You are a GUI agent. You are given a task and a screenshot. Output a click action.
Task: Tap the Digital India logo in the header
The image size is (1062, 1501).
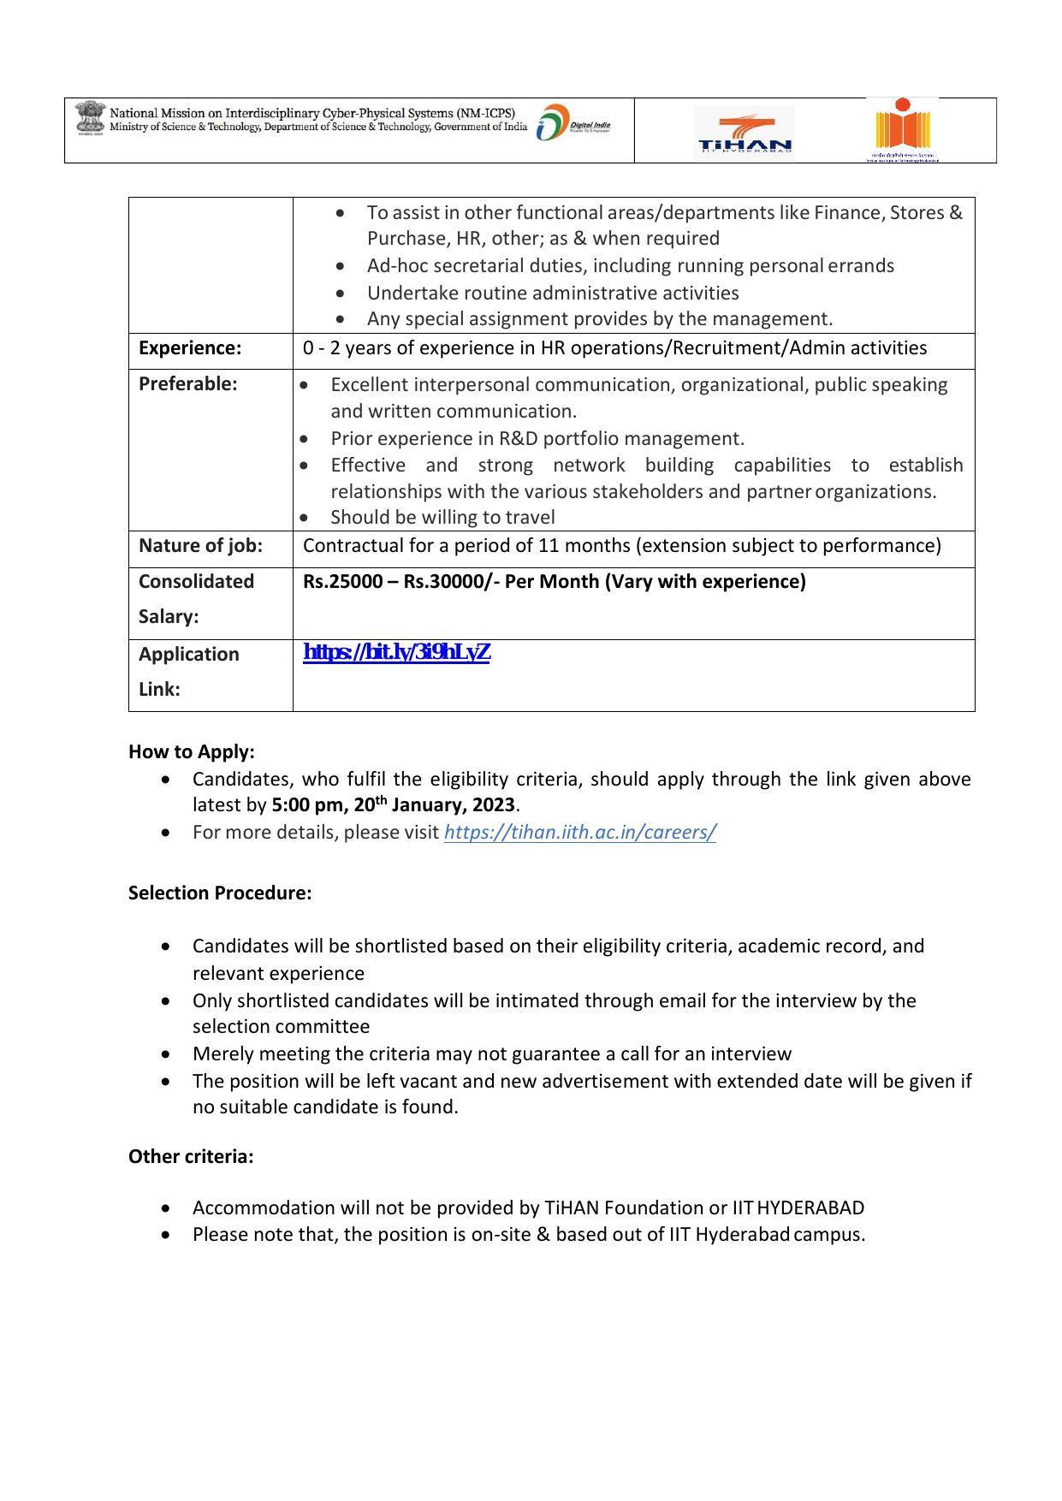tap(573, 125)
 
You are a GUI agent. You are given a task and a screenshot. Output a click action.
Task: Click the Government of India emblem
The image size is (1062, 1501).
tap(87, 118)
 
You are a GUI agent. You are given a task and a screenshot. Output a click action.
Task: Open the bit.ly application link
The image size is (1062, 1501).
tap(396, 653)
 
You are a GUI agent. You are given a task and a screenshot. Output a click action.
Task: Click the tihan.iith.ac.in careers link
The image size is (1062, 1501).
tap(579, 833)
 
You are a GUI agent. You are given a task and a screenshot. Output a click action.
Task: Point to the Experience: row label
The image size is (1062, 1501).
tap(190, 348)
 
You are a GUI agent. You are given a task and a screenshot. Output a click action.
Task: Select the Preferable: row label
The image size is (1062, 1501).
tap(187, 384)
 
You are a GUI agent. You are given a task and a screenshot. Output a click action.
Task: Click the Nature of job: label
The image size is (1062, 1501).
tap(200, 546)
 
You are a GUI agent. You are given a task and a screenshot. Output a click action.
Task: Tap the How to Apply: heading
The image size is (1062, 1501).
tap(192, 752)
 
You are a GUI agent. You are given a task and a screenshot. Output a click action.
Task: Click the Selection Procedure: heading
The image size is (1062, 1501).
tap(220, 893)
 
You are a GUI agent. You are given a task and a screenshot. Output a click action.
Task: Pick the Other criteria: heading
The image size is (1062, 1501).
tap(191, 1157)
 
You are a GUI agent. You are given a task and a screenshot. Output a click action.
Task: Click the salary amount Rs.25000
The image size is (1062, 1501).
tap(343, 582)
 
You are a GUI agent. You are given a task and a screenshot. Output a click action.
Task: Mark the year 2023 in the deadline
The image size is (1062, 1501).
tap(493, 805)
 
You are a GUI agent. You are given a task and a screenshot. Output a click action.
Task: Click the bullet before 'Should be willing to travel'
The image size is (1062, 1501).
tap(305, 518)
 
